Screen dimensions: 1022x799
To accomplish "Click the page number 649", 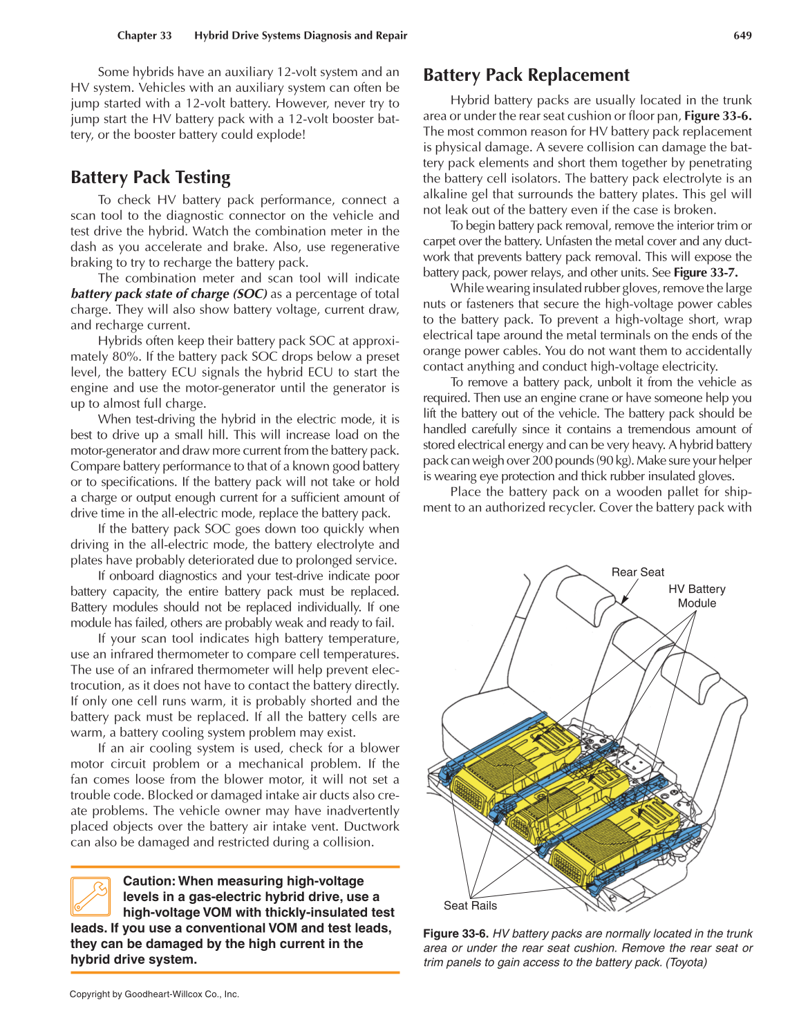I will (x=742, y=35).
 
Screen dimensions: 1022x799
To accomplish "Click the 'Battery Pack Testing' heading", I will (x=151, y=178).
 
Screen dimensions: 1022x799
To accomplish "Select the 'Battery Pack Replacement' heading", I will (x=526, y=75).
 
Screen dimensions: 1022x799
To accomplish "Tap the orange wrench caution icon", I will (x=91, y=896).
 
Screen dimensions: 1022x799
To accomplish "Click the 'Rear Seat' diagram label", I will (x=637, y=572).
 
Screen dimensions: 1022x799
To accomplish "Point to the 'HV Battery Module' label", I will (x=697, y=596).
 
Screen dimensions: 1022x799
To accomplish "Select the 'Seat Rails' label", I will (x=470, y=905).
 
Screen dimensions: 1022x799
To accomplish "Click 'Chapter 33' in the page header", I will (x=144, y=35).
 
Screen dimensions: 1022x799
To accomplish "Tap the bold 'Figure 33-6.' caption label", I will (x=455, y=934).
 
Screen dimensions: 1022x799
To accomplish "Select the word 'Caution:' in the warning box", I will (x=149, y=881).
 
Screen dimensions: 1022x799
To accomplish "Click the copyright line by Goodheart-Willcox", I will (x=154, y=994).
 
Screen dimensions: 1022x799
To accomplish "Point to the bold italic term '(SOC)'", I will (x=250, y=294).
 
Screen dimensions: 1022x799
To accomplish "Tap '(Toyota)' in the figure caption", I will (x=686, y=963).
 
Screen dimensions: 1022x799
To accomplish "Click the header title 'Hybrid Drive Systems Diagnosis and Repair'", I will (x=301, y=35).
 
